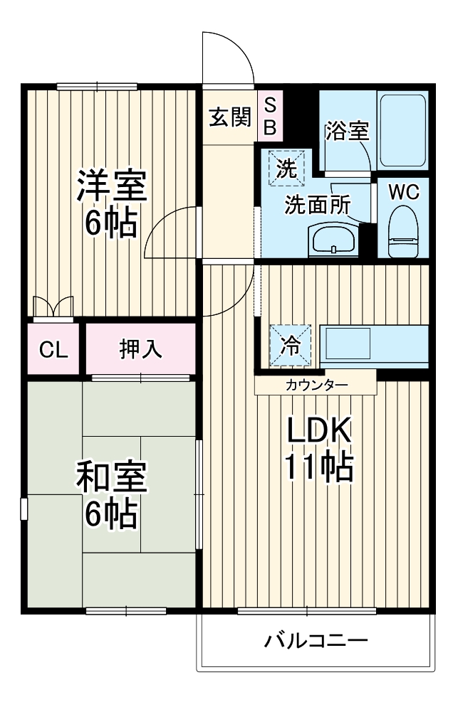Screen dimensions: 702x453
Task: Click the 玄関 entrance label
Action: click(230, 117)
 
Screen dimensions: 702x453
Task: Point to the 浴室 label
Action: click(347, 131)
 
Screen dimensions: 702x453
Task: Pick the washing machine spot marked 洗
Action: click(286, 169)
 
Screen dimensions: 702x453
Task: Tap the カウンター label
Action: click(316, 385)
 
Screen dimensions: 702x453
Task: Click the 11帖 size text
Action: click(319, 467)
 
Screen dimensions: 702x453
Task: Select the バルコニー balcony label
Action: click(316, 641)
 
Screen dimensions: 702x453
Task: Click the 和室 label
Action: click(111, 479)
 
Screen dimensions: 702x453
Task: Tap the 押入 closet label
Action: click(141, 349)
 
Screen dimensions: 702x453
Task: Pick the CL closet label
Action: click(54, 349)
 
